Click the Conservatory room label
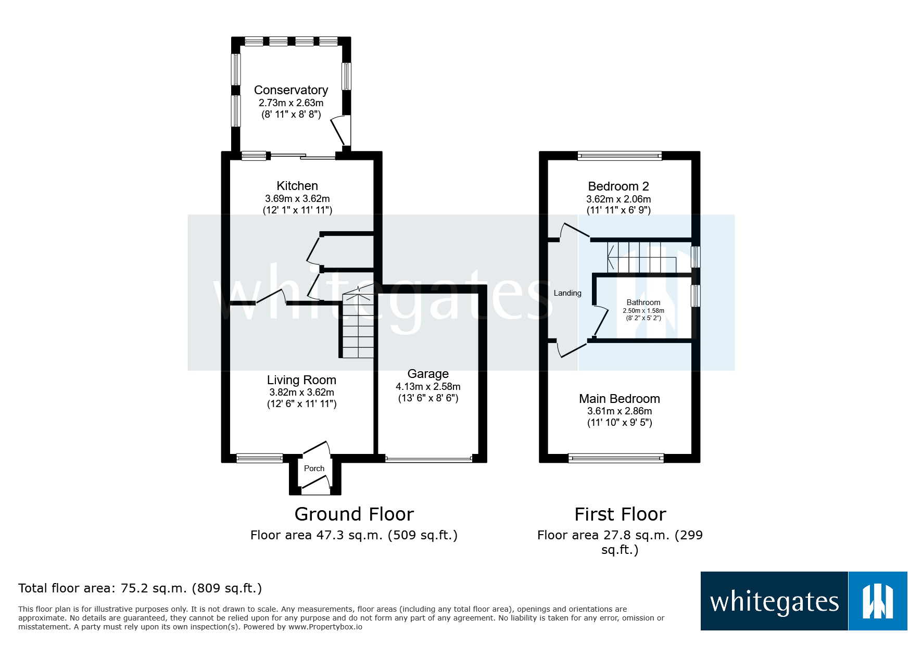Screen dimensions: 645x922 point(291,90)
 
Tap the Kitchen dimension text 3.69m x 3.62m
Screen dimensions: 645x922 point(297,198)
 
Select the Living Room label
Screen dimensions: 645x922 point(301,380)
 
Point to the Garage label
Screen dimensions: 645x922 point(428,374)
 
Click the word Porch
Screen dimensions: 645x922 point(314,469)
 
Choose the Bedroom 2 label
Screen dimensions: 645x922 point(618,186)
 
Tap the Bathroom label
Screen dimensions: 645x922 point(643,302)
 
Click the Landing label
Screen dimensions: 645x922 point(567,293)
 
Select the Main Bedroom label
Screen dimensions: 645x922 point(620,399)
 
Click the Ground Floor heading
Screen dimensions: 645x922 point(354,514)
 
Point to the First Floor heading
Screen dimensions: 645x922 point(620,514)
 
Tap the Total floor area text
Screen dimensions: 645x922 point(140,588)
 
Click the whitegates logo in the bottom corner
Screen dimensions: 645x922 point(803,601)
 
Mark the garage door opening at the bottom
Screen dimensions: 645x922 point(428,459)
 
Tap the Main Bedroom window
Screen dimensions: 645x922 point(616,458)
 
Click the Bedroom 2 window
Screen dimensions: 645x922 point(620,155)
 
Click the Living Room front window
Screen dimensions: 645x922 point(259,458)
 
